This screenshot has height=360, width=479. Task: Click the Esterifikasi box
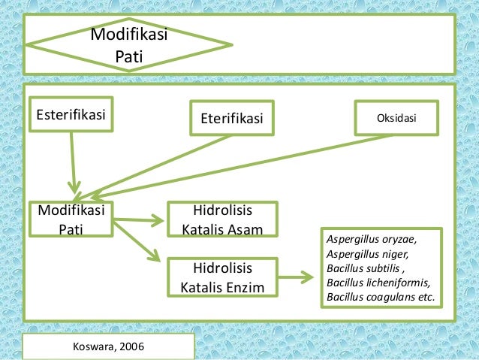71,115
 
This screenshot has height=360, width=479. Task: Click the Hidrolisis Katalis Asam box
222,219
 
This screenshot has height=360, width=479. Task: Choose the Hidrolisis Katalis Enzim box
222,277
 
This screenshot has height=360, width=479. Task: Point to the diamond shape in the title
128,45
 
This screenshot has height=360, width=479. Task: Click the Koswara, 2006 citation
109,346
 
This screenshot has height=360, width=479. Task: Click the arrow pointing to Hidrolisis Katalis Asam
139,220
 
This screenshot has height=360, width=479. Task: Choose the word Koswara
94,346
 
